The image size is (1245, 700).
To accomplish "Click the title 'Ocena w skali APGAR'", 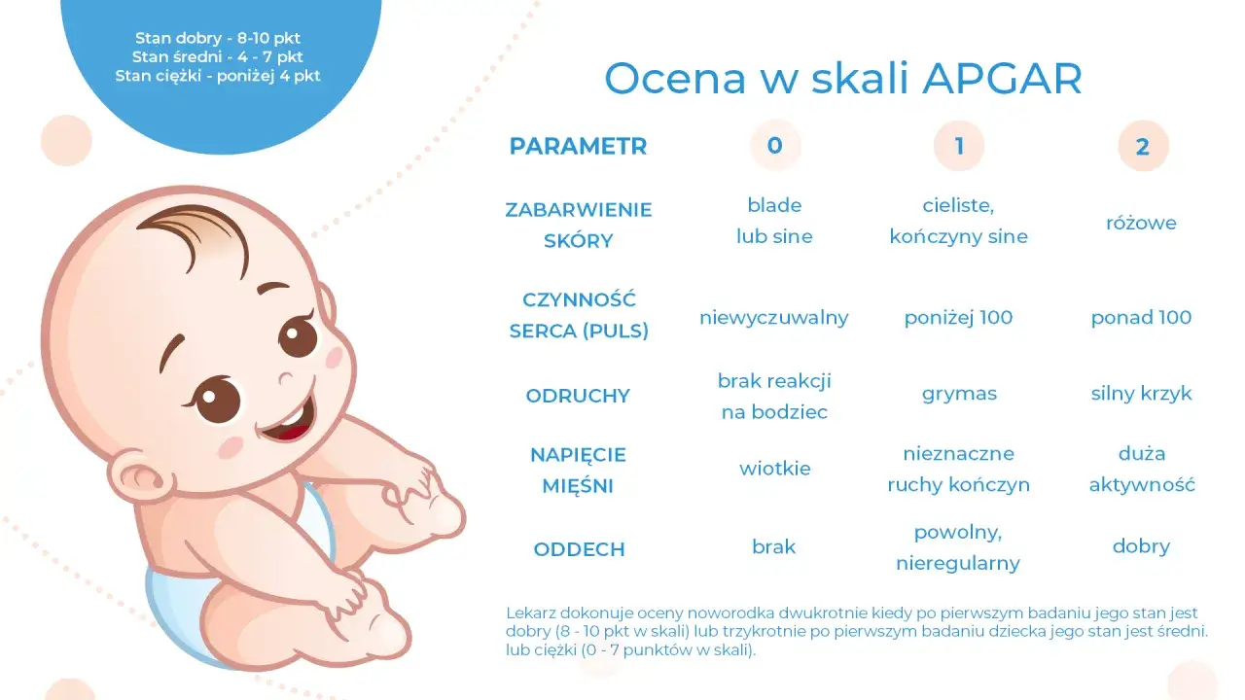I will tap(842, 79).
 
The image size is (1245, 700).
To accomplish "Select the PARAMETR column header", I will tap(578, 147).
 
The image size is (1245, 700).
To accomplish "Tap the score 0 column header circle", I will tap(774, 146).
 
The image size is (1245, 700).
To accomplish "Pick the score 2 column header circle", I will tap(1142, 147).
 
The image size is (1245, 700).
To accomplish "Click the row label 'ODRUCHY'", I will tap(578, 396).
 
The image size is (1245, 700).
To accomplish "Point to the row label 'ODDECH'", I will tap(579, 549).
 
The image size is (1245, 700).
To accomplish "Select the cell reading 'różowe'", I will tap(1141, 223).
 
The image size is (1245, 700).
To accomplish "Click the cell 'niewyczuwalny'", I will tap(773, 317).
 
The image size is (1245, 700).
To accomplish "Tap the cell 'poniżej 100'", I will tap(958, 317).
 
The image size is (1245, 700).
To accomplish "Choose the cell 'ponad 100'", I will tap(1141, 317).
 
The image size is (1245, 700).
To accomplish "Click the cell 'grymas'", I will tap(958, 394).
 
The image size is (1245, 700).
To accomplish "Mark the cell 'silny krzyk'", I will tap(1141, 394).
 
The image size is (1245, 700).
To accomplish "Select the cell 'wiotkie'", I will tap(774, 469).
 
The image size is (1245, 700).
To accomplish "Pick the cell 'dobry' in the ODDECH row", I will tap(1141, 546).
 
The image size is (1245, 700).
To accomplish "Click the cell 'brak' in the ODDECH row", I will tap(773, 546).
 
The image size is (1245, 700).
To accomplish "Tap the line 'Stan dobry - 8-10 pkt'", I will tap(218, 39).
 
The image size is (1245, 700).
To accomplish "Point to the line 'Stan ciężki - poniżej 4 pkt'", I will tap(218, 75).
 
